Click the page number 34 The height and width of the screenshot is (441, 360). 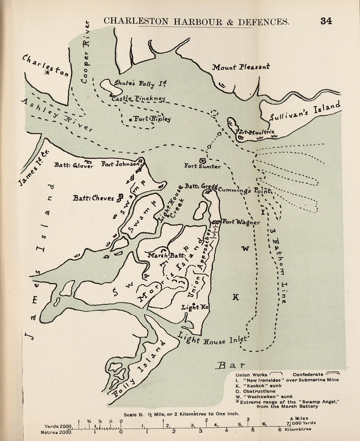click(326, 21)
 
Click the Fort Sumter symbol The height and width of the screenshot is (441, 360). click(202, 160)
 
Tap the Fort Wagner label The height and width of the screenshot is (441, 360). click(241, 222)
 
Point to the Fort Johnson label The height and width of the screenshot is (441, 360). click(120, 164)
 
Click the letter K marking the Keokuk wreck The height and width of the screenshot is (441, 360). click(236, 297)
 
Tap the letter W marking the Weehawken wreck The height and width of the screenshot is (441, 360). click(245, 249)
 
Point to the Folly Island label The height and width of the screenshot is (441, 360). click(137, 370)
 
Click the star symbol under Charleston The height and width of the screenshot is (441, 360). click(48, 72)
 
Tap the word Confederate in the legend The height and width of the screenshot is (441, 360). click(308, 375)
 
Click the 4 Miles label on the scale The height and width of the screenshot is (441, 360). click(299, 418)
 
